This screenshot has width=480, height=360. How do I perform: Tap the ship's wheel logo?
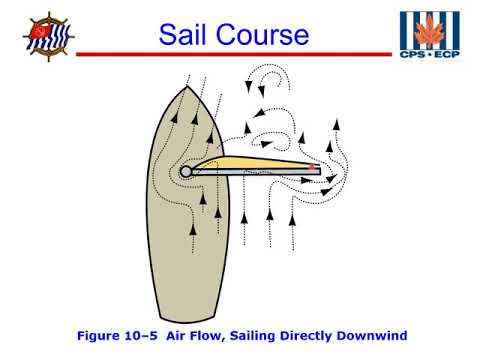click(x=47, y=37)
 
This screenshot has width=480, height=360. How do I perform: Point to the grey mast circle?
click(x=187, y=172)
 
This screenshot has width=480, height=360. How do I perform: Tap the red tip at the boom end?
click(x=315, y=171)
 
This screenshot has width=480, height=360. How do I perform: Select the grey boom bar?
click(x=255, y=172)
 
